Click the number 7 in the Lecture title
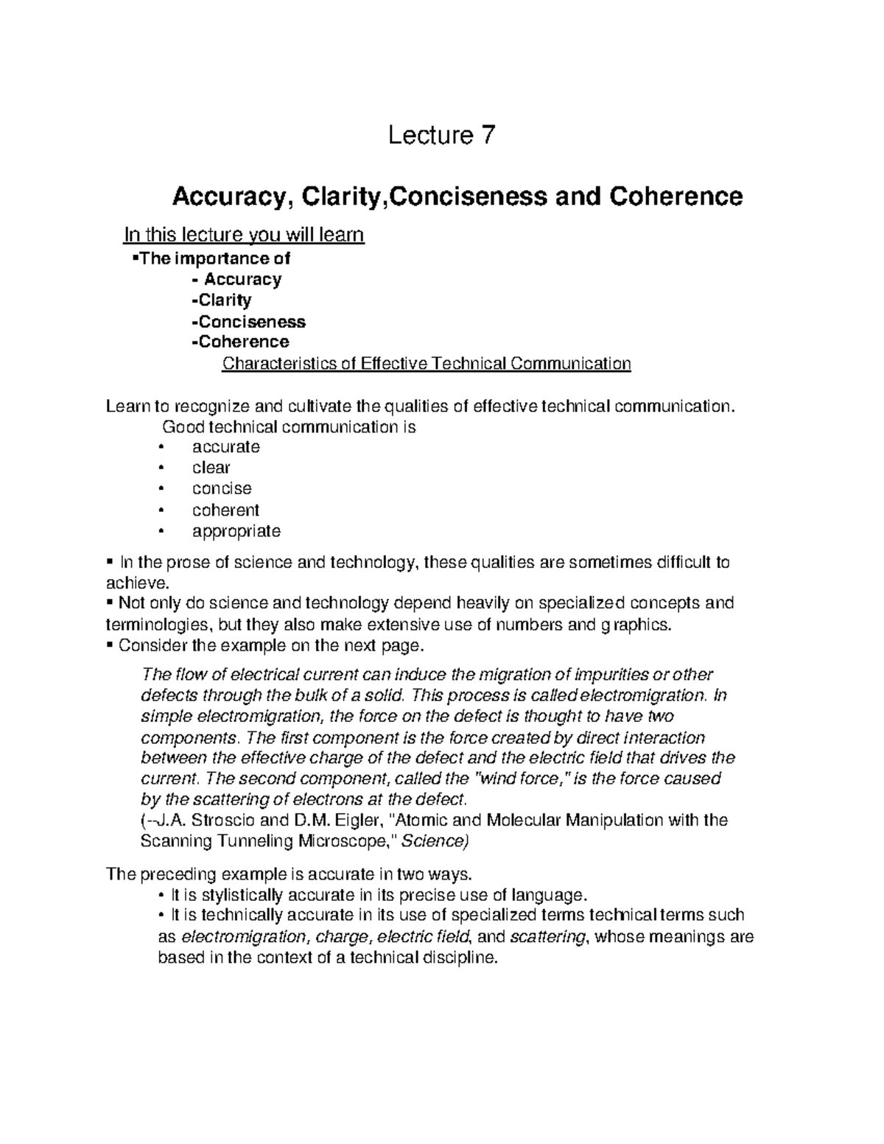click(488, 136)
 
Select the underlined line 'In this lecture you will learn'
click(243, 235)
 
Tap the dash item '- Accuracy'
click(236, 279)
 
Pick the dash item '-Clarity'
click(221, 300)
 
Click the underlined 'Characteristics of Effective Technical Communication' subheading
click(427, 364)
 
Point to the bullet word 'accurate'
click(225, 446)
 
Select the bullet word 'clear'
click(211, 468)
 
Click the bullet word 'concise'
click(222, 488)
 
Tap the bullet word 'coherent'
click(225, 510)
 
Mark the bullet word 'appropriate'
click(236, 531)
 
